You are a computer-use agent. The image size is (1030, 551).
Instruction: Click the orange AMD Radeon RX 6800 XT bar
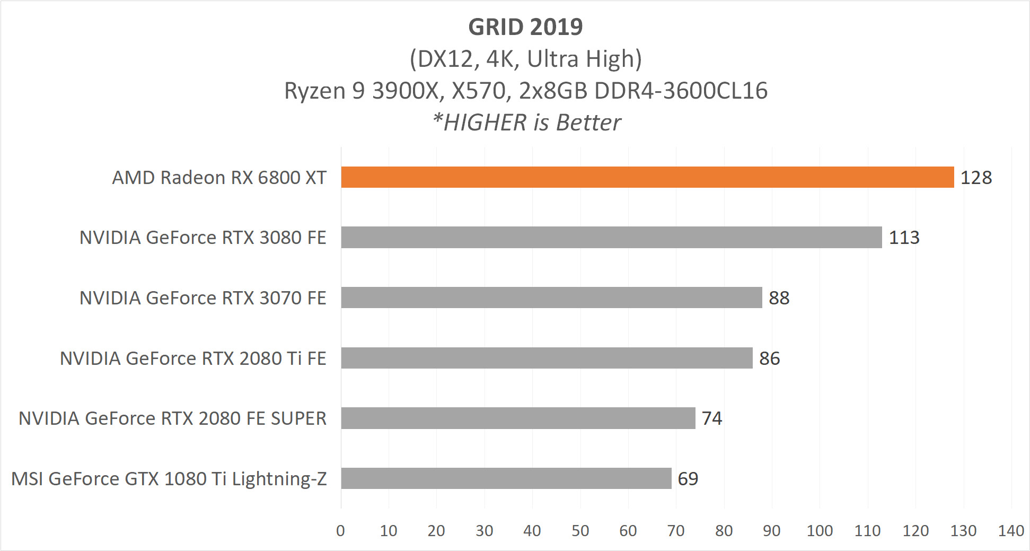(647, 177)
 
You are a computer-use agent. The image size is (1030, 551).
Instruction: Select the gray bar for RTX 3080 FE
(611, 237)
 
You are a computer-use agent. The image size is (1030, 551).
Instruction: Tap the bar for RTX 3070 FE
(551, 298)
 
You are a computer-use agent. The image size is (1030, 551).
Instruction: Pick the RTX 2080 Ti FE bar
(546, 358)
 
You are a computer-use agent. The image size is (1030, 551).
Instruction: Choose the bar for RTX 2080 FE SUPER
(517, 418)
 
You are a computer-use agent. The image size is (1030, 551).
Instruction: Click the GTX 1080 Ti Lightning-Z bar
(506, 478)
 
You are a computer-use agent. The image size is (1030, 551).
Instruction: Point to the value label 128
(976, 178)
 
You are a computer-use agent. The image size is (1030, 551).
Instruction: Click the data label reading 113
(904, 238)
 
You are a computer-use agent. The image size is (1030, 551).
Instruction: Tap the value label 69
(688, 479)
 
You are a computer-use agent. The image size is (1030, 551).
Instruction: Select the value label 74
(711, 418)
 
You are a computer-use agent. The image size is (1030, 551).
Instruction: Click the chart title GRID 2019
(525, 27)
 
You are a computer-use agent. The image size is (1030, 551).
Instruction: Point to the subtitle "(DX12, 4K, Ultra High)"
(525, 59)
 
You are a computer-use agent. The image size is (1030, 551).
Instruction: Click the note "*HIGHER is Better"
(526, 123)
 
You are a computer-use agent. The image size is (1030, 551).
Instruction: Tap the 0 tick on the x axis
(340, 531)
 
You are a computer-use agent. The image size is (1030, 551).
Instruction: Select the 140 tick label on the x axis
(1011, 531)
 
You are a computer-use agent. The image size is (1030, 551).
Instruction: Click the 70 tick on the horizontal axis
(676, 531)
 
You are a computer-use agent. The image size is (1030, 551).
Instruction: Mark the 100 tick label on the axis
(820, 531)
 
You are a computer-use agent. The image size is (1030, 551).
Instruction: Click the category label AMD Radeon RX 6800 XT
(219, 178)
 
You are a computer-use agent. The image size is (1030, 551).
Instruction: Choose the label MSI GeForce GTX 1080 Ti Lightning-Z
(169, 479)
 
